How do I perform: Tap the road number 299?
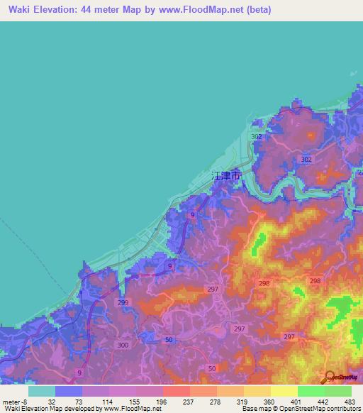(123, 302)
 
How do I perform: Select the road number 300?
(123, 344)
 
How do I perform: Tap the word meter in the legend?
(11, 401)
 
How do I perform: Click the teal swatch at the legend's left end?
(41, 391)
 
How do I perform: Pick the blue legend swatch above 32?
(68, 391)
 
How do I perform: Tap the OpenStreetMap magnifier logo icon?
(331, 377)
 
